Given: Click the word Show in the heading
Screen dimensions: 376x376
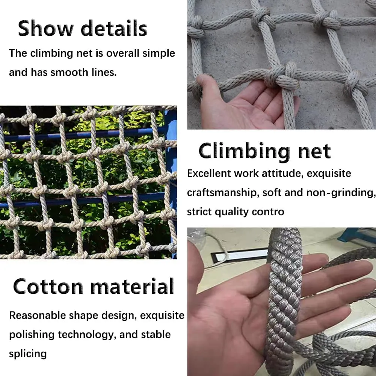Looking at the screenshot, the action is click(x=45, y=28).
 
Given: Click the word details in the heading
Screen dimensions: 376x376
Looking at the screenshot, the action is click(x=114, y=28).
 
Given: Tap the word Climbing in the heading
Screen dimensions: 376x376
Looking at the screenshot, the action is click(x=244, y=151).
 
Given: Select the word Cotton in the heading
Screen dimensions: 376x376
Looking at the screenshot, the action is click(x=48, y=287).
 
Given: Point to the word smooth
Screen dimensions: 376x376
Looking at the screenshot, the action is click(x=69, y=72).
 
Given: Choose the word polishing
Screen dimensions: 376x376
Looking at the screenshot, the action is click(x=32, y=335).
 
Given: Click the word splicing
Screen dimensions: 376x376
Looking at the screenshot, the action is click(x=28, y=354).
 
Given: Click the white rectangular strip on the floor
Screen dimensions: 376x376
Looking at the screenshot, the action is click(x=241, y=256).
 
